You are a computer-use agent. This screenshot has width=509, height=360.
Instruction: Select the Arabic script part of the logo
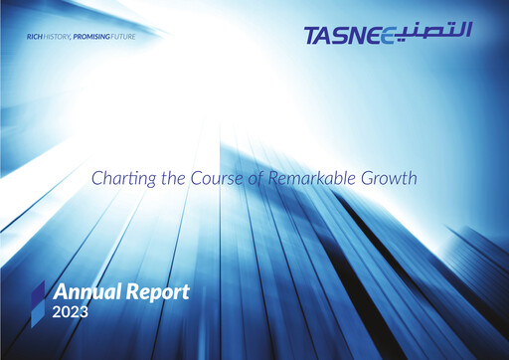tap(437, 35)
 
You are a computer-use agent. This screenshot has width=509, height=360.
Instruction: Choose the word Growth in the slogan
tap(388, 179)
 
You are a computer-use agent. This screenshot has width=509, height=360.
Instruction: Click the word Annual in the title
tap(85, 293)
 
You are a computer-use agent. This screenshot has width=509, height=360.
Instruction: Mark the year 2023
tap(71, 313)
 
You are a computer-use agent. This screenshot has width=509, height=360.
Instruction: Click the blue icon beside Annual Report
tap(38, 295)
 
